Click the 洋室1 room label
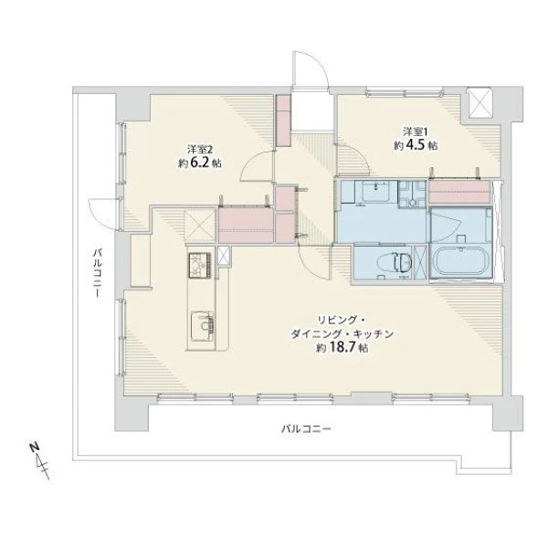(416, 132)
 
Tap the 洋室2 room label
(200, 150)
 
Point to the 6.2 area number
(200, 163)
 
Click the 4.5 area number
(416, 145)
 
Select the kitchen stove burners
(200, 265)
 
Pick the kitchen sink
(203, 326)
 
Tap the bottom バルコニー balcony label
(306, 428)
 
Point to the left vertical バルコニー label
(98, 273)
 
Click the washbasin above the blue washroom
(376, 191)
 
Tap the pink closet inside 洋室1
(459, 191)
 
